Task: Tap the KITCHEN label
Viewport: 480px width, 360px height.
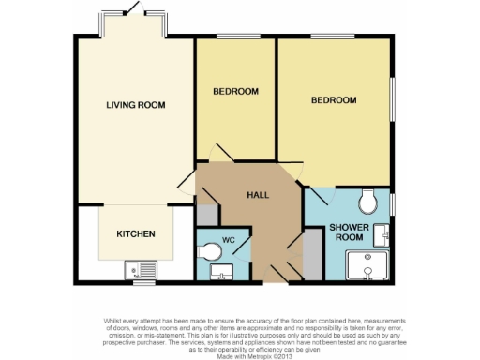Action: pos(135,233)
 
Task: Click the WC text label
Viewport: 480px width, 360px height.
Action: pos(228,238)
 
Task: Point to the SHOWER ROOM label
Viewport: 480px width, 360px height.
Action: pos(350,232)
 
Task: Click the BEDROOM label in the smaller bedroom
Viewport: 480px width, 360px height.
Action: pos(235,91)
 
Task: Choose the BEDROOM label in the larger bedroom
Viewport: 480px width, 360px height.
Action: pos(335,99)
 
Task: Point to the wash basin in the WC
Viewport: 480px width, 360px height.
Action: pos(223,272)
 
